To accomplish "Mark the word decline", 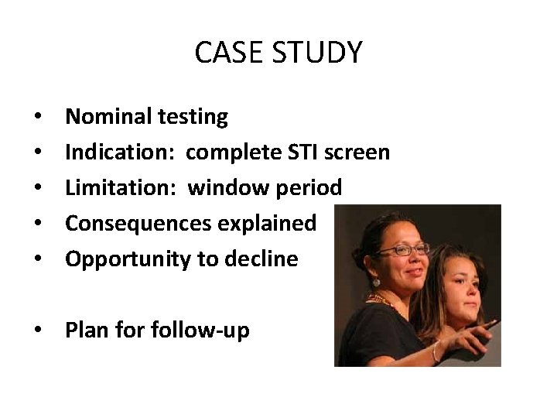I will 261,259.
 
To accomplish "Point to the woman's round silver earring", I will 377,283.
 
